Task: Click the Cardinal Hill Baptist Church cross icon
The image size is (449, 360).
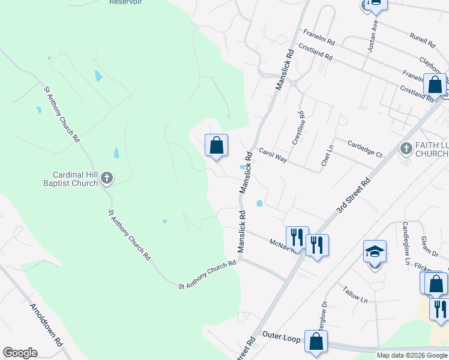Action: tap(107, 178)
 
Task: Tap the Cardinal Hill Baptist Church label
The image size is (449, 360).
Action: tap(70, 179)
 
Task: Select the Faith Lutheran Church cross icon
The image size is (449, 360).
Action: tap(406, 148)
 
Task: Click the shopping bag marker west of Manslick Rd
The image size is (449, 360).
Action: tap(216, 145)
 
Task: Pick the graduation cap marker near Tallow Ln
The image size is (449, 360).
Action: tap(375, 252)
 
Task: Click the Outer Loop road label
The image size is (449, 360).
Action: tap(280, 338)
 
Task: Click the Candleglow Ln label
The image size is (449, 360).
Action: tap(406, 243)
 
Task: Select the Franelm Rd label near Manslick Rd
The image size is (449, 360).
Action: tap(319, 37)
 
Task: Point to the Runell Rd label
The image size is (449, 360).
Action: tap(422, 40)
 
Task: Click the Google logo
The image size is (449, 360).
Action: tap(20, 353)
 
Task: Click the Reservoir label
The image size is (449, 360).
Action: tap(125, 2)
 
